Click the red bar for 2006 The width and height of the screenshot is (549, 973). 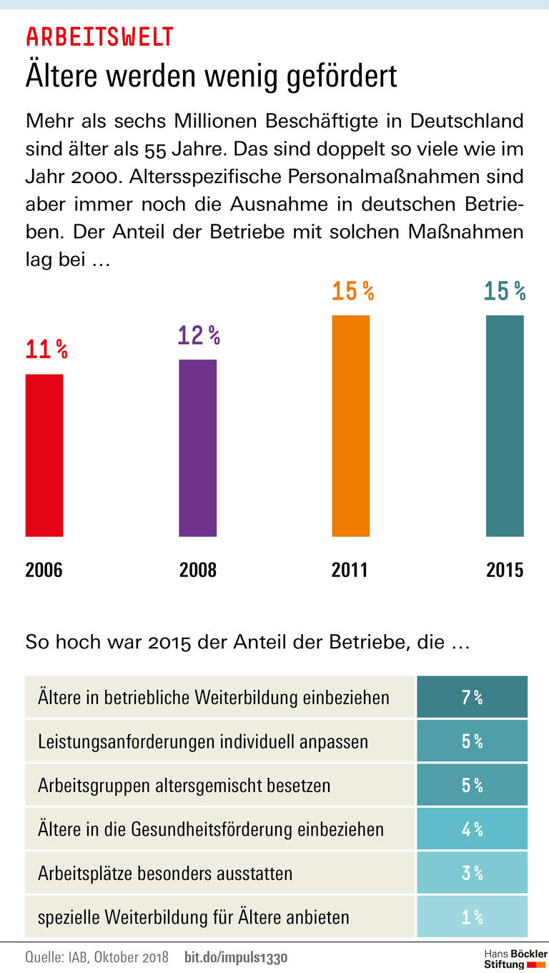point(44,455)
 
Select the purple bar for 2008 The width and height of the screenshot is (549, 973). point(197,448)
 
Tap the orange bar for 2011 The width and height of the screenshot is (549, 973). point(350,425)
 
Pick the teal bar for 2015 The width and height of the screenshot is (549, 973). point(505,425)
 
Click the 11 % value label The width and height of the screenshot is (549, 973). point(46,350)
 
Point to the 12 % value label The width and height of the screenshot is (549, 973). point(199,335)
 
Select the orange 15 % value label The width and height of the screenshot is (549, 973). point(352,291)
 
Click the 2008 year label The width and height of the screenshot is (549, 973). point(197,570)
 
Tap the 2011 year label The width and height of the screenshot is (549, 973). point(350,570)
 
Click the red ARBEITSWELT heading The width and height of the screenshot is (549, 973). point(99,36)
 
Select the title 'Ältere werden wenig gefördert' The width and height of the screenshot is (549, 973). point(211,76)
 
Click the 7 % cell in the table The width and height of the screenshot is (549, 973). point(472,698)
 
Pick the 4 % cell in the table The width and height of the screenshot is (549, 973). point(472,829)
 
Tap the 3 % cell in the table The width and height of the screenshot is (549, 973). point(472,873)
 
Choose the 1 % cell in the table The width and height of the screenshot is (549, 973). point(472,917)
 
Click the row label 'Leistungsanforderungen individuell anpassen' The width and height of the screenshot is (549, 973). point(203,741)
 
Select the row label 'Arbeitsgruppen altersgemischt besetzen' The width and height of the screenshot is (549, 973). point(184,786)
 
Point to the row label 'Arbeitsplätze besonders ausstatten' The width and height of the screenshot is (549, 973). point(165,873)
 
